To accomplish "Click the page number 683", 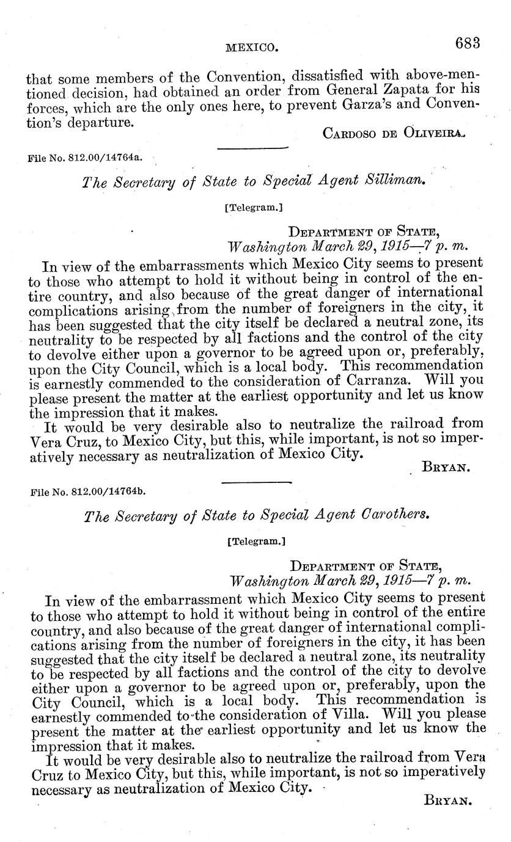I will (x=468, y=43).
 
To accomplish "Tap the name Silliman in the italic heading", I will (x=392, y=181).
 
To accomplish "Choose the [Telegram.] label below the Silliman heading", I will (x=254, y=208).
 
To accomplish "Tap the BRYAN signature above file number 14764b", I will (x=447, y=468).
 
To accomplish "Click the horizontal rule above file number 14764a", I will (x=252, y=148).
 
